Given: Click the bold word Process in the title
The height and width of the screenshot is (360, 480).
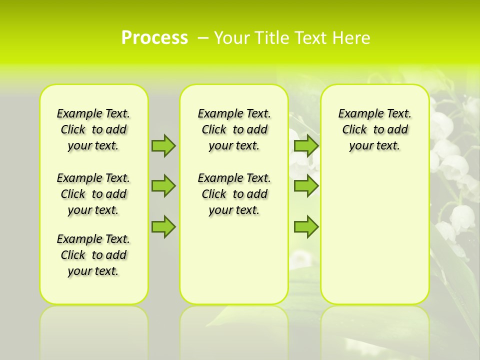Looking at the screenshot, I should [x=154, y=37].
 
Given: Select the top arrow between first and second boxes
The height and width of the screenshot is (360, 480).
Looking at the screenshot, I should [x=163, y=145].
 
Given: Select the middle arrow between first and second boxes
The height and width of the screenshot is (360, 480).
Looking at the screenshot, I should [x=163, y=185].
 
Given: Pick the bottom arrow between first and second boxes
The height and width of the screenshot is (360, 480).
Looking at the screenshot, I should [x=163, y=226].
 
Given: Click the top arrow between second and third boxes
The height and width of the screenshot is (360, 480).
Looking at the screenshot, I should [x=306, y=145].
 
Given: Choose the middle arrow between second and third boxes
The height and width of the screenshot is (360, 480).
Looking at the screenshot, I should [x=306, y=185].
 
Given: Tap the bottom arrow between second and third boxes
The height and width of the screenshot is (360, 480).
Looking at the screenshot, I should [x=306, y=226].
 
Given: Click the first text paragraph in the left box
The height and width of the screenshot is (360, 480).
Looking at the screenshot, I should [x=93, y=129].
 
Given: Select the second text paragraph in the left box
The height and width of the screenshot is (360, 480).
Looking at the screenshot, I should [x=93, y=194].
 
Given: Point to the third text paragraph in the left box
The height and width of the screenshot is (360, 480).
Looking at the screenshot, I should [x=93, y=255].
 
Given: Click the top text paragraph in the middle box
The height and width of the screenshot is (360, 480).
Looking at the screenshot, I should [x=234, y=129].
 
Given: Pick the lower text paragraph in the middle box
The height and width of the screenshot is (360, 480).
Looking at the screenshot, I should [x=234, y=194].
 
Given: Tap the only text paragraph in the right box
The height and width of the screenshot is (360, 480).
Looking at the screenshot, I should [x=374, y=129].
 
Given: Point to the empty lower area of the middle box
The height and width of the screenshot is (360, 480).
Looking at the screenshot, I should [x=234, y=260].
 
